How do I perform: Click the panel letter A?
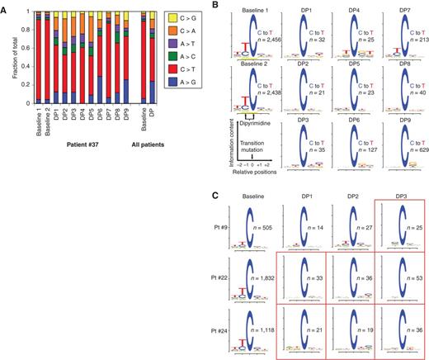pos(5,5)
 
